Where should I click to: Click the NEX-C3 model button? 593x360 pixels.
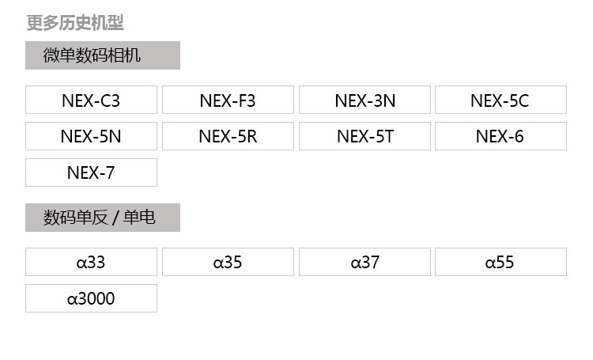tap(91, 100)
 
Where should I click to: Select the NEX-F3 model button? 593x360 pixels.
tap(228, 100)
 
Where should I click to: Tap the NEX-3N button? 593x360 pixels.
tap(364, 100)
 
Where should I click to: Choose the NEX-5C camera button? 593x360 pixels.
tap(500, 100)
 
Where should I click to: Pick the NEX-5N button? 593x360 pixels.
tap(91, 136)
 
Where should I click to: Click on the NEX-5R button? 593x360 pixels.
tap(228, 136)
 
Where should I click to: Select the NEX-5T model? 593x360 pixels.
tap(364, 136)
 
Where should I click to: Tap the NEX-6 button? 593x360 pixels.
tap(500, 136)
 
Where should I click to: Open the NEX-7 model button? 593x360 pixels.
tap(91, 172)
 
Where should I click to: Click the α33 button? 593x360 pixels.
tap(91, 262)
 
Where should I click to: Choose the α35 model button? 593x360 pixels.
tap(228, 262)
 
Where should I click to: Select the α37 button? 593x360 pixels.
tap(364, 262)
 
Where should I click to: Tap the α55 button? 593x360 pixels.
tap(500, 262)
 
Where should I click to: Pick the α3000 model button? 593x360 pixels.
tap(91, 298)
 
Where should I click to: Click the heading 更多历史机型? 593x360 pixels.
tap(75, 23)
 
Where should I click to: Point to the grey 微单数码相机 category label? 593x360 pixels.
tap(103, 55)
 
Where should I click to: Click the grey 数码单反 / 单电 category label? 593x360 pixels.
tap(103, 218)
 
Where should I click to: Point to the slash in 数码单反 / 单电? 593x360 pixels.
tap(115, 218)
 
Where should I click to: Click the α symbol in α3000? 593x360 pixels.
tap(72, 299)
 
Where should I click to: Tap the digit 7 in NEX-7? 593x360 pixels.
tap(110, 173)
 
